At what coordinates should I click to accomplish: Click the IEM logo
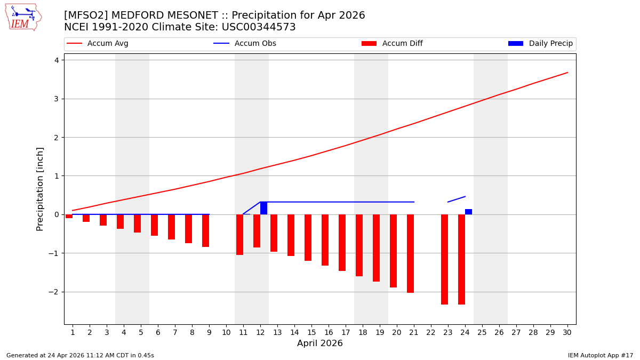23,17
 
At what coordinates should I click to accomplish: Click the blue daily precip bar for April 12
263,208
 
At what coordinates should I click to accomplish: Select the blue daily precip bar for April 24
468,212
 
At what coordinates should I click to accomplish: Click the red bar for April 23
444,259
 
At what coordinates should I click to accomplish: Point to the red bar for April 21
410,253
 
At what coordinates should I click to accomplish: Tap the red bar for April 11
239,235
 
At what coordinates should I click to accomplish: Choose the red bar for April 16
325,240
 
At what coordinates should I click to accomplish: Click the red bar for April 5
137,223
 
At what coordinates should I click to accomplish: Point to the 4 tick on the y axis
56,60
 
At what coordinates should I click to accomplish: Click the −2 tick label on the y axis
53,292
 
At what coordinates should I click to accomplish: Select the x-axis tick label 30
567,332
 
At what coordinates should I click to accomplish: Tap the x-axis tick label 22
430,332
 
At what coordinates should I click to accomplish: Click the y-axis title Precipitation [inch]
40,189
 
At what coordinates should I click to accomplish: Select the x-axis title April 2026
319,343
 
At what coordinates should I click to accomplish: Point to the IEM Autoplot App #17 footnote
601,355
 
